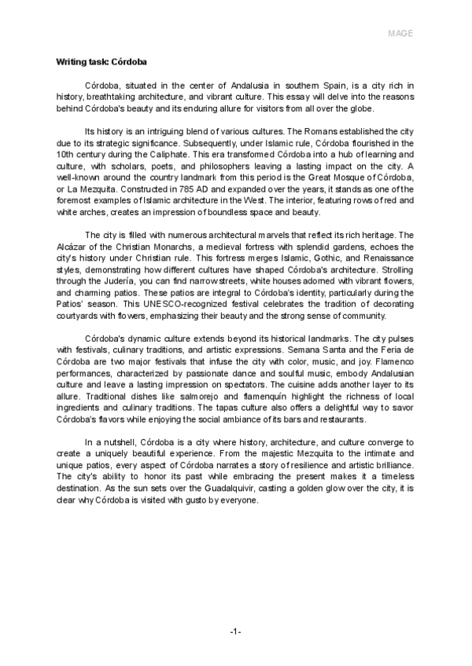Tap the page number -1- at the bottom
point(235,632)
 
